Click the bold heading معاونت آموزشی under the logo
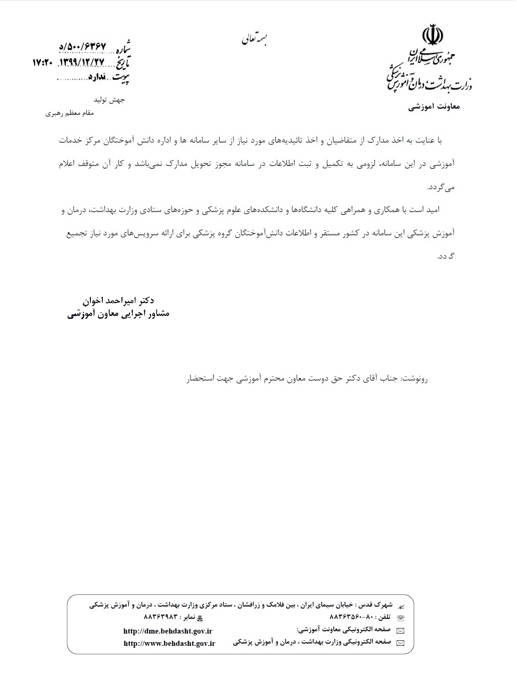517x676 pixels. (434, 106)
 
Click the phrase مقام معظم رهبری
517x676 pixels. (69, 113)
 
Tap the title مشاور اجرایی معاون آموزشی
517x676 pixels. (119, 314)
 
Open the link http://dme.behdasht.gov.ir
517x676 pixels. (168, 631)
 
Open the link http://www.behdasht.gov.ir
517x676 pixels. (169, 643)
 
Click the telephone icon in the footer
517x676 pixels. (401, 618)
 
